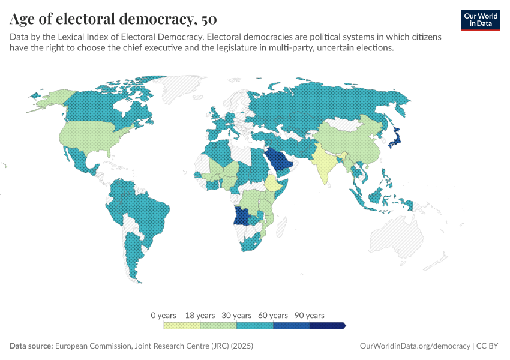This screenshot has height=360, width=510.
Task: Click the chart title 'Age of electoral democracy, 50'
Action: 109,20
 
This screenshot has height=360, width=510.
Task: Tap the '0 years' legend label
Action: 163,316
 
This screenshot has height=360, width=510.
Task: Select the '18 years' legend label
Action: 200,316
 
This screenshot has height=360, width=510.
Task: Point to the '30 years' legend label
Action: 237,316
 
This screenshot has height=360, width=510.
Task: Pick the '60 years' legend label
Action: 274,316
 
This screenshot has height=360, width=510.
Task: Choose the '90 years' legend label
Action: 310,316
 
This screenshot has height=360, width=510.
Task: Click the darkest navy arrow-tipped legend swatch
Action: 328,325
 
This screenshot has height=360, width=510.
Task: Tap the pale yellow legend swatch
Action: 182,325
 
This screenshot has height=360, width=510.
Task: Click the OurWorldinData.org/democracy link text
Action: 415,346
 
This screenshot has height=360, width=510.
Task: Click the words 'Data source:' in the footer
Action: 31,346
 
